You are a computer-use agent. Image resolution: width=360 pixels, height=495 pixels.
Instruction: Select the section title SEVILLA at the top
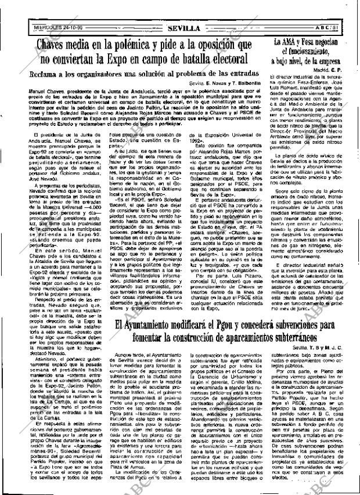(x=182, y=28)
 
